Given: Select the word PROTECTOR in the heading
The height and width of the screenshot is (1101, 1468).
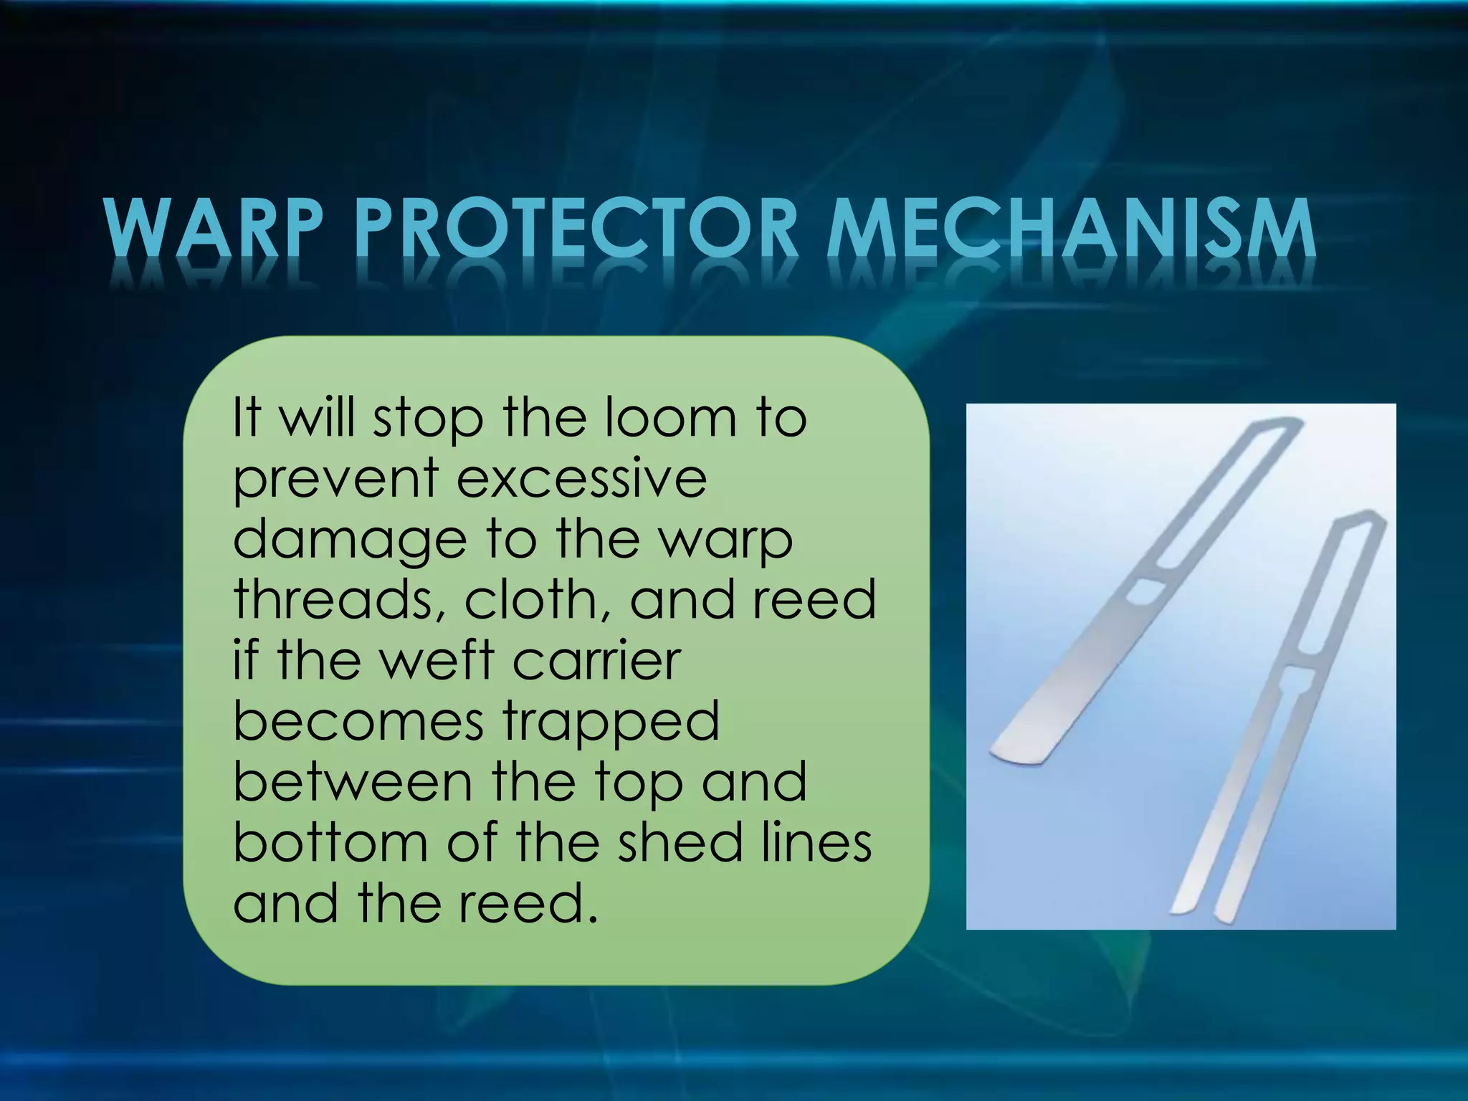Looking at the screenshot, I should tap(576, 228).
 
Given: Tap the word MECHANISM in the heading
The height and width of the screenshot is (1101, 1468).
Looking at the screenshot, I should tap(1072, 228).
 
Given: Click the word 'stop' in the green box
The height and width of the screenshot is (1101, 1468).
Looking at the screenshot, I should tap(428, 419).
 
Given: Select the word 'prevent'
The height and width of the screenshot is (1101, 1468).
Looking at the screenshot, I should tap(335, 480).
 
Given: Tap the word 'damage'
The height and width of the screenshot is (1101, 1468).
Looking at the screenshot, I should tap(350, 541).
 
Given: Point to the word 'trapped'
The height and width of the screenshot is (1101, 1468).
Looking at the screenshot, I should tap(611, 723).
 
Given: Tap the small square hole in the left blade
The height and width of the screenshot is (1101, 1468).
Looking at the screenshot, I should tap(1145, 592).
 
